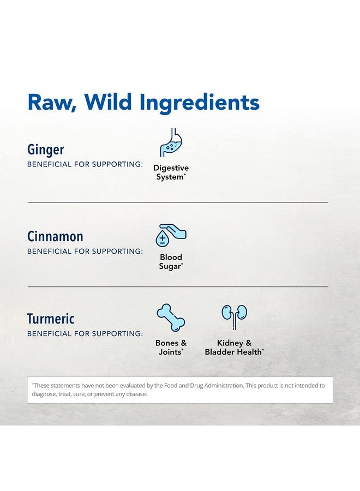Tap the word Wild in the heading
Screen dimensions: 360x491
pyautogui.click(x=108, y=101)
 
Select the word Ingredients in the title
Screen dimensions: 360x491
pyautogui.click(x=200, y=103)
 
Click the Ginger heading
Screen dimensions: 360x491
pyautogui.click(x=46, y=149)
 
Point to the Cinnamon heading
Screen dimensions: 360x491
pyautogui.click(x=55, y=236)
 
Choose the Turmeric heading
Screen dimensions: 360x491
pyautogui.click(x=51, y=319)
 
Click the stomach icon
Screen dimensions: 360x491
pyautogui.click(x=171, y=142)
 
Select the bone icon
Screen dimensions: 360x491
pyautogui.click(x=171, y=318)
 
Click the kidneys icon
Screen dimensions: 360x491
pyautogui.click(x=234, y=317)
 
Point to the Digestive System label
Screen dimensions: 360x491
pyautogui.click(x=171, y=172)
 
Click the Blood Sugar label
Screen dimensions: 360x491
pyautogui.click(x=171, y=261)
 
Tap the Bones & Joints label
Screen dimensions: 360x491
pyautogui.click(x=171, y=348)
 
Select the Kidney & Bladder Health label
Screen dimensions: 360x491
pyautogui.click(x=234, y=348)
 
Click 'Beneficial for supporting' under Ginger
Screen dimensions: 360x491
pyautogui.click(x=85, y=164)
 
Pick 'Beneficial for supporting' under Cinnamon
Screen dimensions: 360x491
pyautogui.click(x=85, y=252)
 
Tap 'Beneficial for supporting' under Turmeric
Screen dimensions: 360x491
pyautogui.click(x=85, y=334)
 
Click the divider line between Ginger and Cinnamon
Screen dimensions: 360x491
pyautogui.click(x=178, y=202)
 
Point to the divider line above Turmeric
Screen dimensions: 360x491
pyautogui.click(x=178, y=286)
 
